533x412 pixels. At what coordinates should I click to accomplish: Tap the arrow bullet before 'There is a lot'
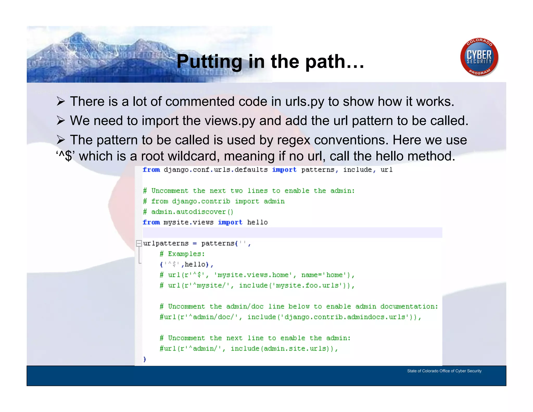click(x=61, y=102)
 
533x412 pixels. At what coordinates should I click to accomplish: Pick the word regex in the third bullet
click(x=294, y=140)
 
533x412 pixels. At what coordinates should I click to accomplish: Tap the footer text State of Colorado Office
click(x=444, y=371)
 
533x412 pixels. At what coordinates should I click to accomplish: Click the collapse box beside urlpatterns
click(x=139, y=244)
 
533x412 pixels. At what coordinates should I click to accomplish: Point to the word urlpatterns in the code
click(x=166, y=244)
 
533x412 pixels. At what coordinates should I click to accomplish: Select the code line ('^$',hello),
click(x=186, y=265)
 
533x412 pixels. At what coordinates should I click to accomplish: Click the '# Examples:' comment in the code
click(x=182, y=254)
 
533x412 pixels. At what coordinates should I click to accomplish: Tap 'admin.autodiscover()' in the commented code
click(x=192, y=212)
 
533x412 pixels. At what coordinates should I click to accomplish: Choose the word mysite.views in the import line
click(x=188, y=222)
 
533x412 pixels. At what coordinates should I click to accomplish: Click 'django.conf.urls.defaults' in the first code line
click(x=215, y=170)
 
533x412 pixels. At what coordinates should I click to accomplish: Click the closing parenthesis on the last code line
click(x=145, y=359)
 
